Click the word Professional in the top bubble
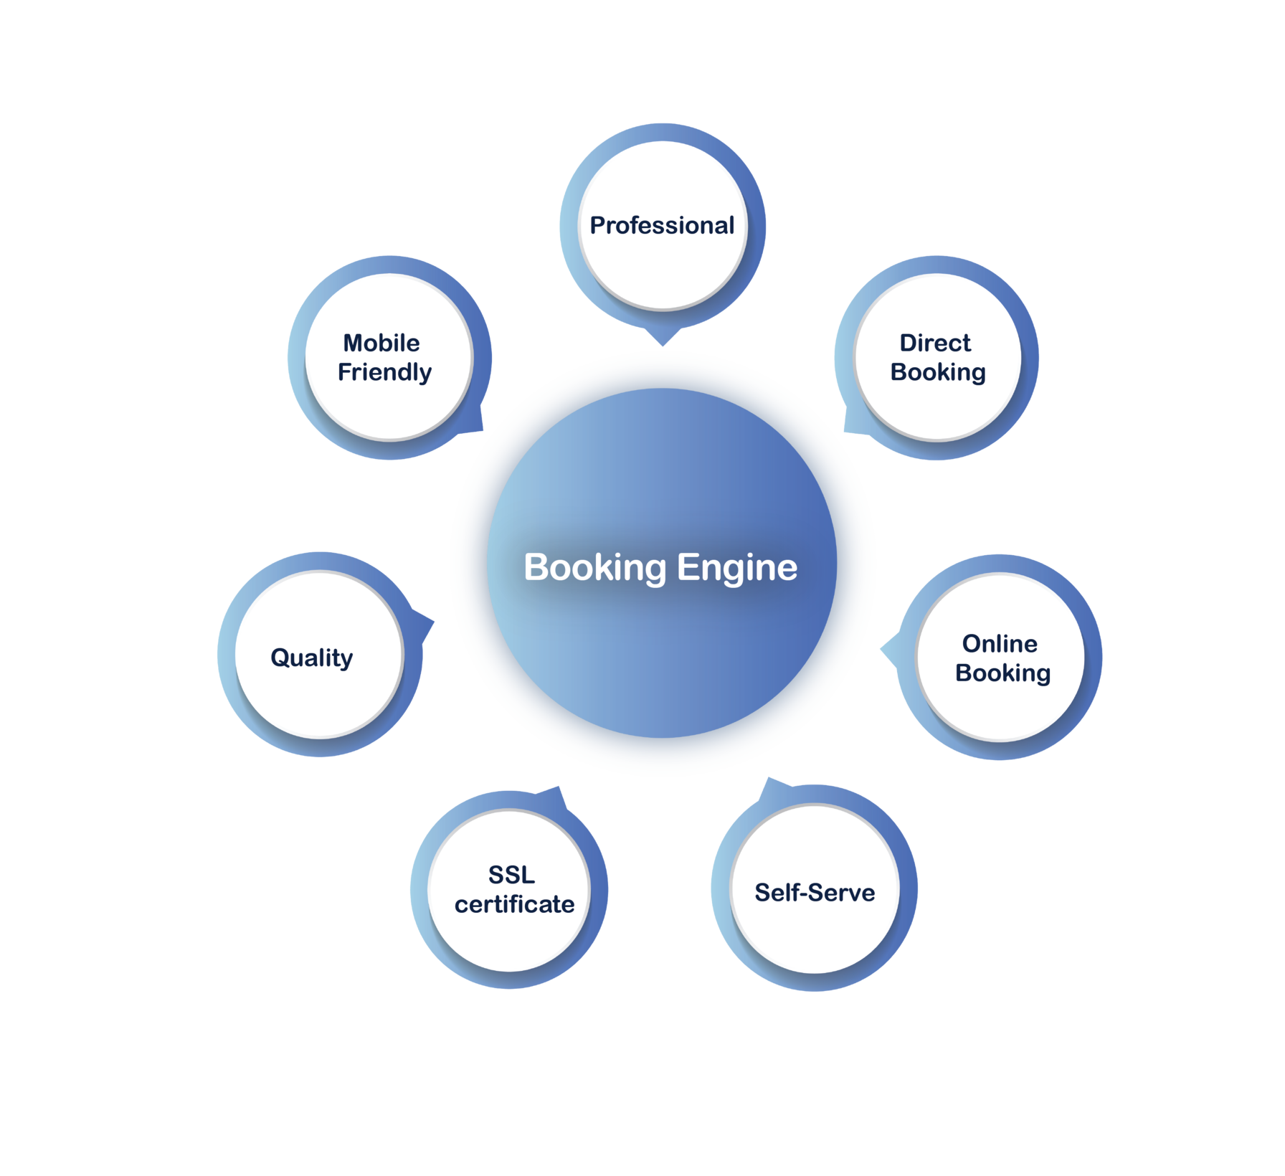tap(662, 225)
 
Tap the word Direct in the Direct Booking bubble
tap(935, 343)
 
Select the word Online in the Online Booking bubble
tap(1000, 643)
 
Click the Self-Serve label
tap(815, 892)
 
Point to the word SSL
tap(511, 875)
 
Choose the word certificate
tap(514, 904)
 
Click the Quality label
tap(311, 658)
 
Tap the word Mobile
tap(381, 343)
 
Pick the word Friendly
tap(385, 372)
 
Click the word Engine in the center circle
tap(737, 567)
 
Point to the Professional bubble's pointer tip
tap(664, 346)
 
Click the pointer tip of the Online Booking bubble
tap(881, 650)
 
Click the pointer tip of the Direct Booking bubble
tap(844, 432)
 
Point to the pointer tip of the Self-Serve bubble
tap(768, 779)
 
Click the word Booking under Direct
tap(938, 372)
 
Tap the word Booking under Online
tap(1002, 673)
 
